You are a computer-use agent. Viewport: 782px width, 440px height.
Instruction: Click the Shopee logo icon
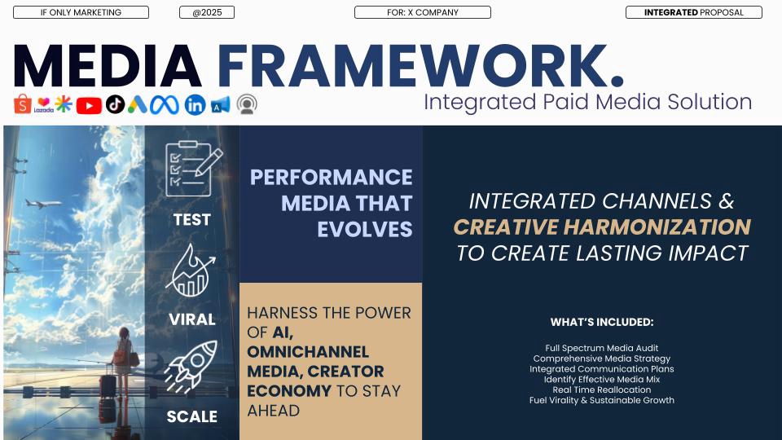[23, 103]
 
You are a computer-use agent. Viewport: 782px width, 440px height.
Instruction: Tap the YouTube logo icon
[89, 106]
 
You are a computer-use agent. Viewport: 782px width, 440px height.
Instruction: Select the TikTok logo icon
[115, 104]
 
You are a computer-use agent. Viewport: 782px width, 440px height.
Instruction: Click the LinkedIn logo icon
[195, 105]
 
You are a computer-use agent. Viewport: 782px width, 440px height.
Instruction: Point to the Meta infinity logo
[165, 105]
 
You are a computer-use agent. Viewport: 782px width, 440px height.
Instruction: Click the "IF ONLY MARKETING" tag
[81, 12]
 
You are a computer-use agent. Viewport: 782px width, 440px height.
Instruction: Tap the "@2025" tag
[207, 12]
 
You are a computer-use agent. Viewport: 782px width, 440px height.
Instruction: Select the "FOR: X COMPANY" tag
[423, 12]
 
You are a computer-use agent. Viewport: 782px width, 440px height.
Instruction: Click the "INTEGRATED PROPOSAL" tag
[694, 12]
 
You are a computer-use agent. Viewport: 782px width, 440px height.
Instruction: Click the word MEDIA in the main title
[108, 66]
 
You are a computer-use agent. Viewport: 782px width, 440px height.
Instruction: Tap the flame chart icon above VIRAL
[191, 271]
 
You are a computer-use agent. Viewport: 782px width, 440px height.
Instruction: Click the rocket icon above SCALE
[191, 367]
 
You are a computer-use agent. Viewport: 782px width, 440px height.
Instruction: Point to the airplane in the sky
[43, 203]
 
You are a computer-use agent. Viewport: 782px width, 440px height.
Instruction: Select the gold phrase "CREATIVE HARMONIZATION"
[602, 227]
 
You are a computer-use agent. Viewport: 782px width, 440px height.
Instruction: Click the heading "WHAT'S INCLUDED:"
[602, 323]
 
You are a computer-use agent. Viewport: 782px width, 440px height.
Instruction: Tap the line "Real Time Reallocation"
[602, 389]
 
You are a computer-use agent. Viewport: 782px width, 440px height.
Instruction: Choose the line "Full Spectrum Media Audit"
[602, 348]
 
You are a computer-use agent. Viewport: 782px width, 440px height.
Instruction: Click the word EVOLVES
[365, 230]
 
